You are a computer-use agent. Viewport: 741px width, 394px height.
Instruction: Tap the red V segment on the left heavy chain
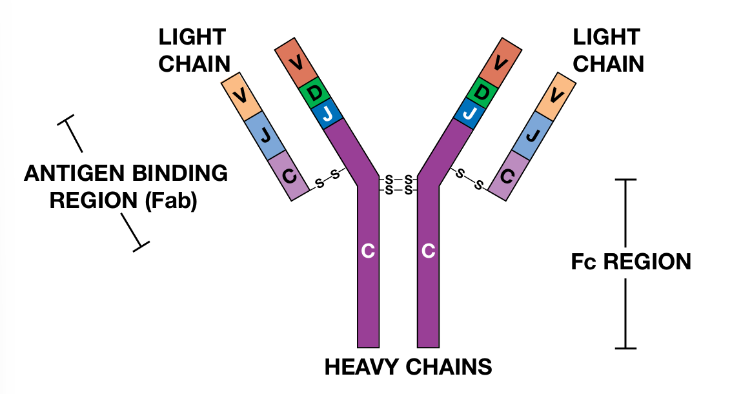pos(296,63)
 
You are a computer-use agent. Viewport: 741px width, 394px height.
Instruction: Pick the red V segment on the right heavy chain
pos(500,63)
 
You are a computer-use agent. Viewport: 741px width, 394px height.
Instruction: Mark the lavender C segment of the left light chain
pos(289,175)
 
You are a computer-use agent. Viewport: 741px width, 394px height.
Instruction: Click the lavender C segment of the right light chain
pos(507,175)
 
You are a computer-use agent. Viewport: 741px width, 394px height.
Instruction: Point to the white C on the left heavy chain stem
pos(368,251)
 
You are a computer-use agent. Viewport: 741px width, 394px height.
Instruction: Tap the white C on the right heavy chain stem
pos(428,251)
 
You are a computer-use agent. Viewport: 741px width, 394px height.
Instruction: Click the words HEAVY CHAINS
pos(408,367)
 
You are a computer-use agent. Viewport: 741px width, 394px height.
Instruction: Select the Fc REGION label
pos(631,262)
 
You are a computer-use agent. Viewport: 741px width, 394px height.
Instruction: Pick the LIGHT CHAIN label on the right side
pos(608,50)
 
